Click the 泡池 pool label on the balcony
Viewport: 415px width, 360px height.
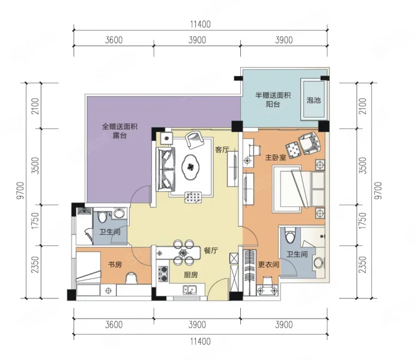click(314, 100)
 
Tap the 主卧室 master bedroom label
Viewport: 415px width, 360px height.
click(276, 158)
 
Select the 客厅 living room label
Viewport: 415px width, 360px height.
click(222, 149)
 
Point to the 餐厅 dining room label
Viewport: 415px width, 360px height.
click(211, 250)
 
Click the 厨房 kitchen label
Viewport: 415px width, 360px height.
click(190, 275)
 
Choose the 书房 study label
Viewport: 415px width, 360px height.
click(115, 265)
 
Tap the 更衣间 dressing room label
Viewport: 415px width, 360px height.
click(268, 265)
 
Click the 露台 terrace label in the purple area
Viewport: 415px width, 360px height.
click(120, 136)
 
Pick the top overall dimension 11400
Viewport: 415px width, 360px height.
click(201, 25)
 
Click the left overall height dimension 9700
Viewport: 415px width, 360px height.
click(20, 190)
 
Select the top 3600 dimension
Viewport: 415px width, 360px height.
click(114, 40)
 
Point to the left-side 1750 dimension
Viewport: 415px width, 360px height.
click(35, 221)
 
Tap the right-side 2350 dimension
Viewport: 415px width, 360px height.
click(363, 265)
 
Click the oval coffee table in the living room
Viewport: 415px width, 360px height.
click(190, 167)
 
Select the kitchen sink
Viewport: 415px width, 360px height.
click(190, 290)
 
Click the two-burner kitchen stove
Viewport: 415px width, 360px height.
click(163, 274)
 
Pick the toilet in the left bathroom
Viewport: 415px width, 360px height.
click(101, 217)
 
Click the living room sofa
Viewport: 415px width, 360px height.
click(166, 169)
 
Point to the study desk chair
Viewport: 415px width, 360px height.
click(131, 278)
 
